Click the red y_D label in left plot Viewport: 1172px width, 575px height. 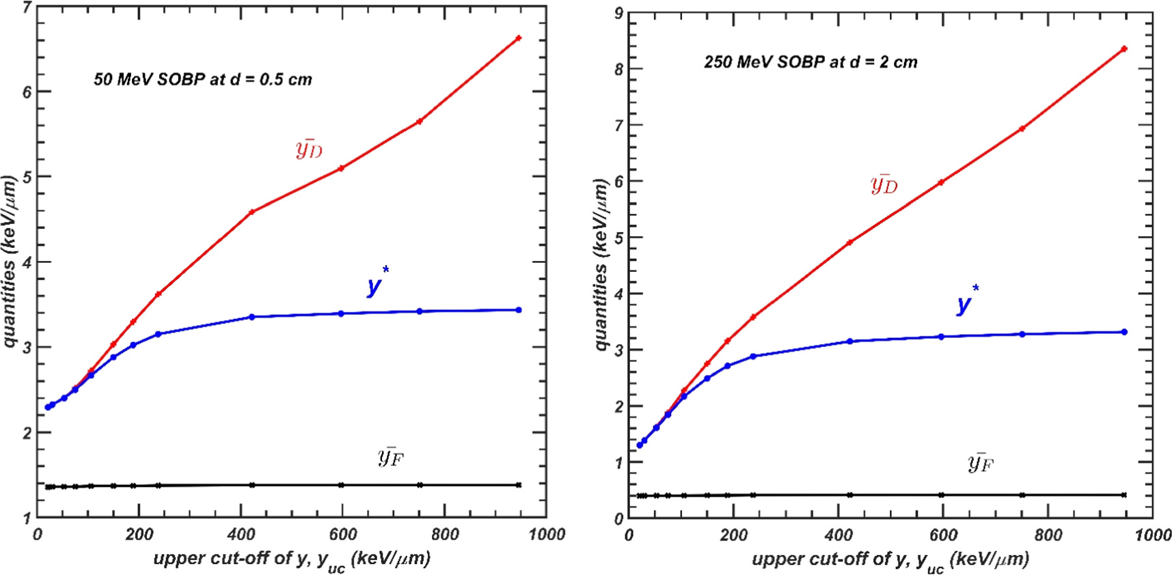coord(309,149)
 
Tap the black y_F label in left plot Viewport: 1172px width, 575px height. coord(390,456)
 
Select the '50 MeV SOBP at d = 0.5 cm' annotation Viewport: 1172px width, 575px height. coord(203,80)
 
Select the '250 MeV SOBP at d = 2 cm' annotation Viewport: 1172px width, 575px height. coord(810,62)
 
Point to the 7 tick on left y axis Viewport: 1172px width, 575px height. coord(27,8)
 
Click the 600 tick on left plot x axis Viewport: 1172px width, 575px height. coord(342,535)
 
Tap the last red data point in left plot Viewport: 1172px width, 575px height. coord(519,38)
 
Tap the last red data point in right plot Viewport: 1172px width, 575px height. coord(1124,49)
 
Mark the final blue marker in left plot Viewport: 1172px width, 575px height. coord(519,310)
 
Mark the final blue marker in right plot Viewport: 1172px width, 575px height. coord(1124,332)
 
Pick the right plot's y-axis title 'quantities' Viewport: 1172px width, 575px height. coord(601,264)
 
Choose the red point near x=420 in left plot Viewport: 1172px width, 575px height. coord(251,212)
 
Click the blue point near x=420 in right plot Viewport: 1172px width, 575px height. coord(849,341)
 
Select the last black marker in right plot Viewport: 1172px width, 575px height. coord(1124,495)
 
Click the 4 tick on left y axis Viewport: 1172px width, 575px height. coord(27,262)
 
